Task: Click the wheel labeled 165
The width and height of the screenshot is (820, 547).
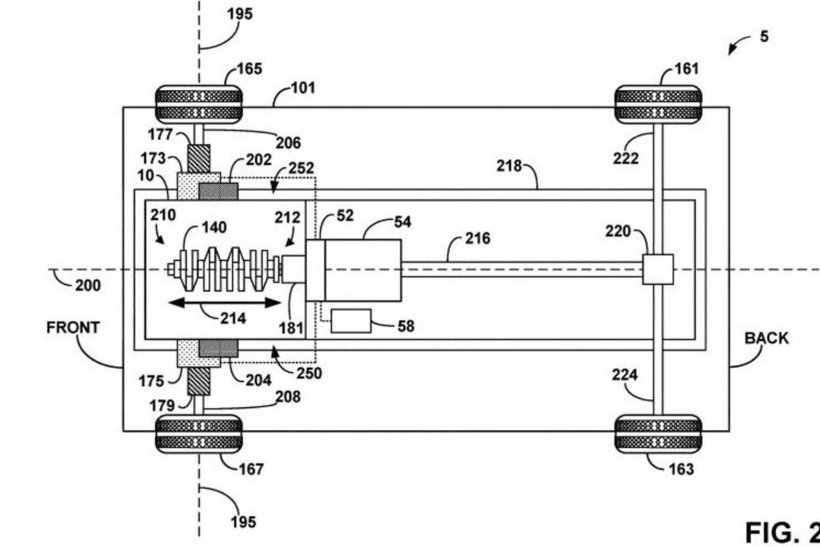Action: coord(199,104)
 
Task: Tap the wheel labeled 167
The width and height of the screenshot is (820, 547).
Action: coord(199,433)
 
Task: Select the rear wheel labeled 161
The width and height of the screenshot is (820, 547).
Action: coord(659,104)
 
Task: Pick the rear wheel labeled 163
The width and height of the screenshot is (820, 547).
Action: coord(659,433)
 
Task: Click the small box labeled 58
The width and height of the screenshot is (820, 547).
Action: coord(351,321)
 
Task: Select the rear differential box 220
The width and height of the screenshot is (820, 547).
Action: coord(658,269)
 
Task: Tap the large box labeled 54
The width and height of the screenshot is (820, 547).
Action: coord(363,270)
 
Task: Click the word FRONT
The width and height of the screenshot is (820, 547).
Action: coord(73,328)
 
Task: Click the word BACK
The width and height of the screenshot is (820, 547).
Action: coord(766,338)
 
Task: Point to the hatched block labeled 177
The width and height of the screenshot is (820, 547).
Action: coord(199,158)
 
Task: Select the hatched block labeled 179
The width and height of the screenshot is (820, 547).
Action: coord(199,380)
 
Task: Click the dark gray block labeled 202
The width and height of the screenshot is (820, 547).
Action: coord(218,191)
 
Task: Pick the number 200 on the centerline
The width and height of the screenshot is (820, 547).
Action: coord(87,284)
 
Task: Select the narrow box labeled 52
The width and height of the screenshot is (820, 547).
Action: coord(315,270)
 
